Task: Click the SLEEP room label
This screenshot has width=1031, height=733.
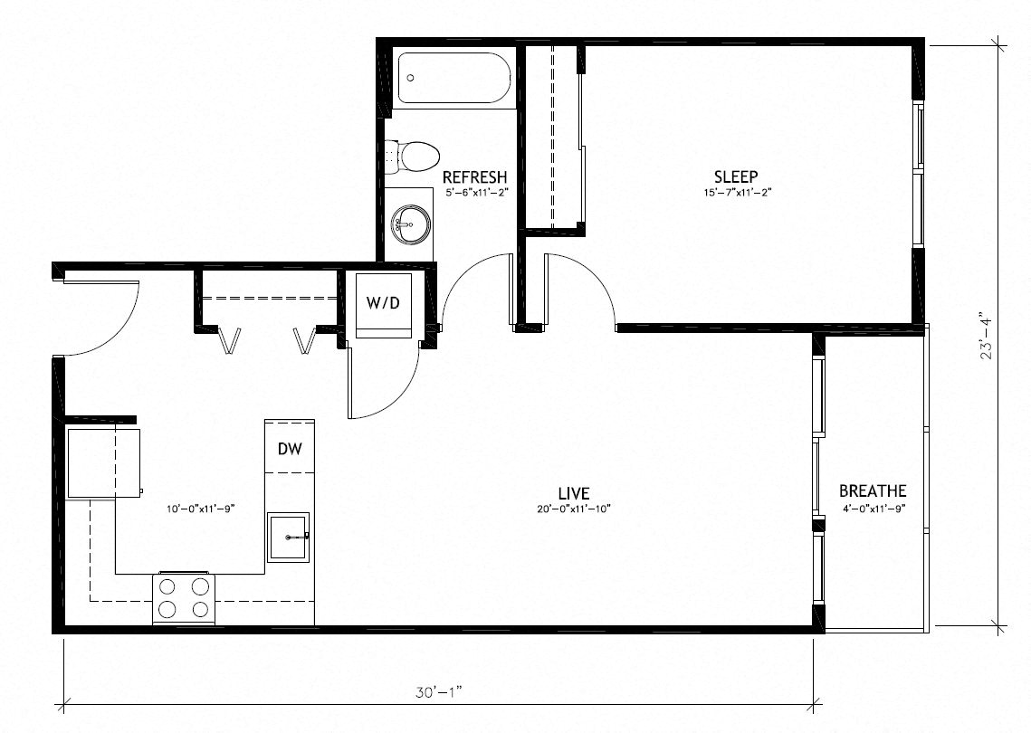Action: [x=735, y=176]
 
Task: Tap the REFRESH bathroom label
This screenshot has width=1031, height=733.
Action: [x=474, y=177]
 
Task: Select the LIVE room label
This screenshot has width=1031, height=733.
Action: [x=574, y=493]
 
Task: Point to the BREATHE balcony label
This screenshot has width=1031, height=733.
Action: [x=873, y=491]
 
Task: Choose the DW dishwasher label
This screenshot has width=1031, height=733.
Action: [x=290, y=447]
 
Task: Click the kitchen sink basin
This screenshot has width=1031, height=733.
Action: [x=289, y=537]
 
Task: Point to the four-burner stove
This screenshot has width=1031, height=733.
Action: [x=184, y=597]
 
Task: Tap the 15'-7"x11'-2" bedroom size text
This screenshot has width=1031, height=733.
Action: [x=735, y=193]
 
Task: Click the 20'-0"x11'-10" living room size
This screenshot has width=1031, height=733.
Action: [x=574, y=509]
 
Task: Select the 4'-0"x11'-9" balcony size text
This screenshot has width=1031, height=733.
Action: [x=873, y=508]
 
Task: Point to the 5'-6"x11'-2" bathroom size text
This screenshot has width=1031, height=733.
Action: [x=474, y=193]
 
